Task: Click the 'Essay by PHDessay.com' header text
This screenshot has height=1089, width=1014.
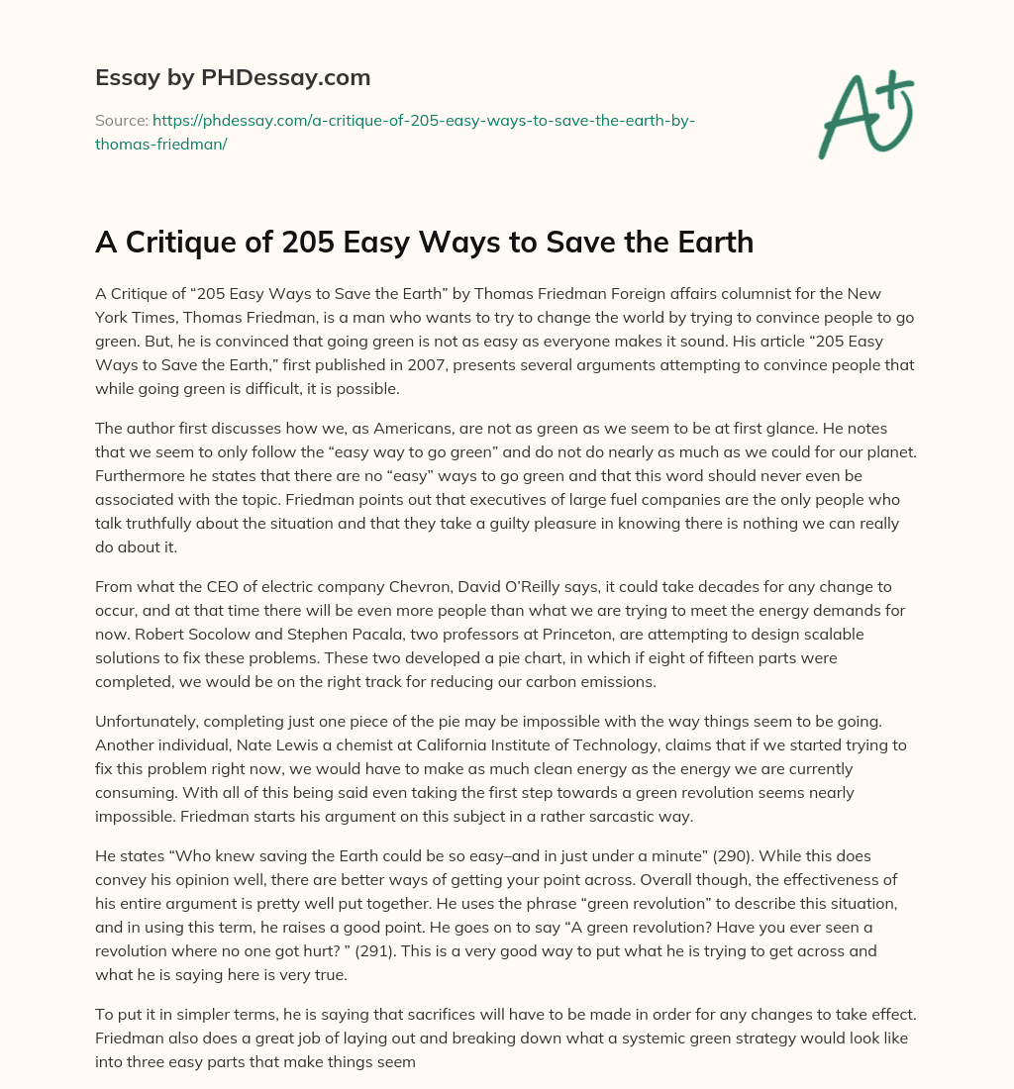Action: click(x=233, y=77)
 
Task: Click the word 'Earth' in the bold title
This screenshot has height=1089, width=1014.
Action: click(x=711, y=244)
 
